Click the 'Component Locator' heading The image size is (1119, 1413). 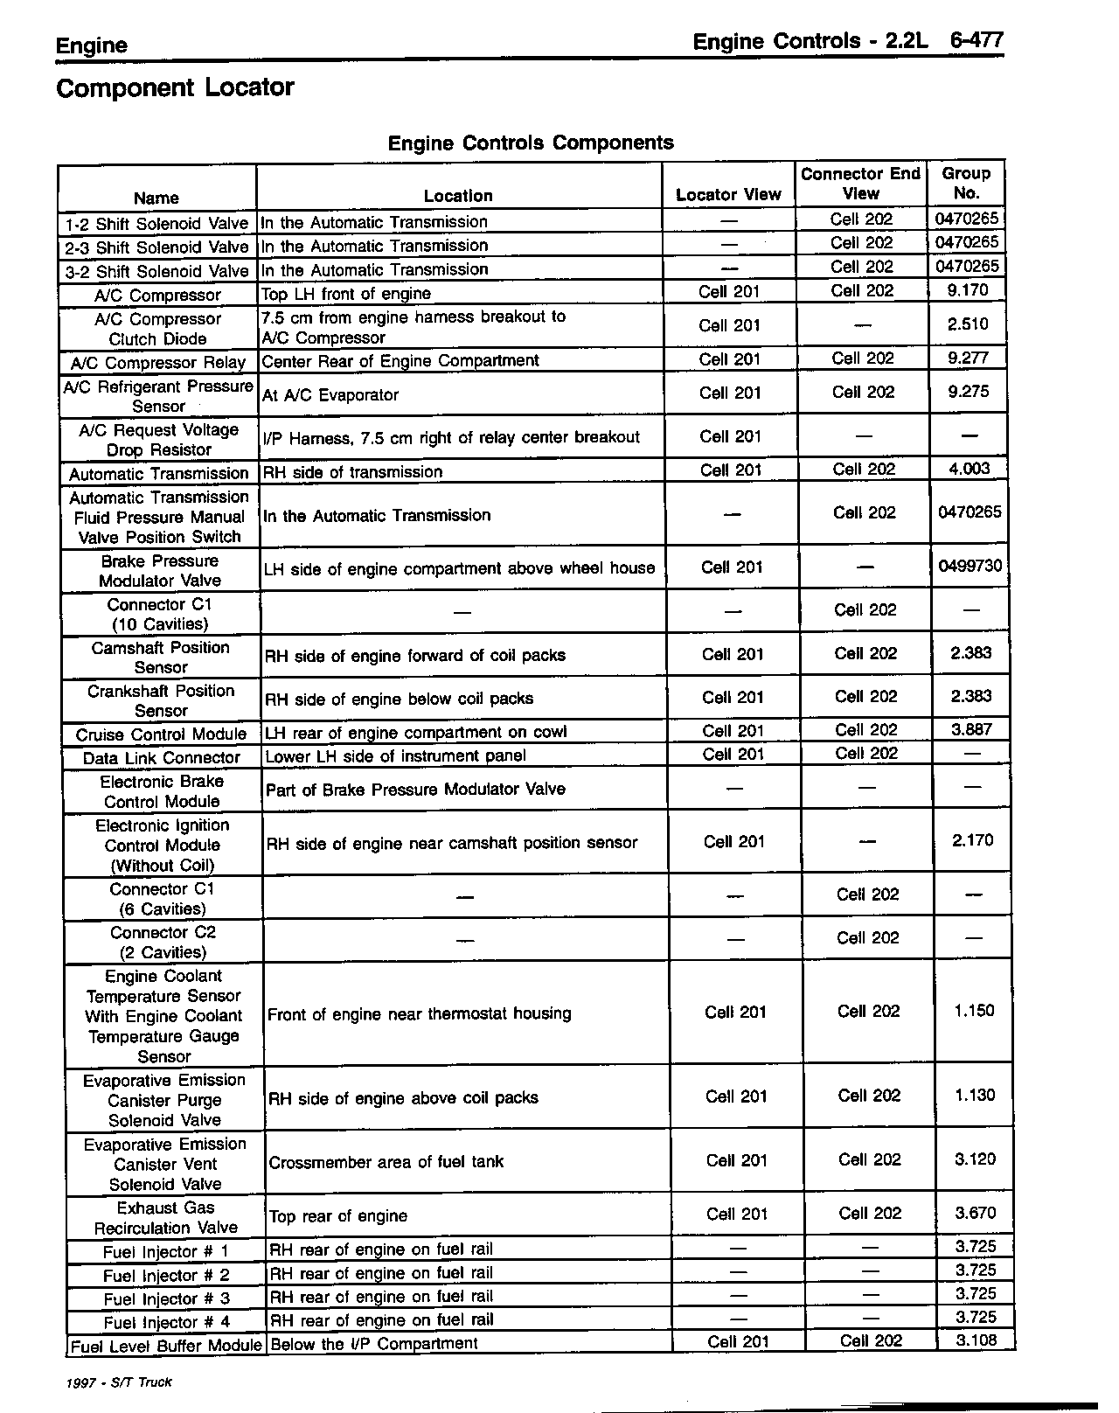(175, 88)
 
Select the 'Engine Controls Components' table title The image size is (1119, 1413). (531, 143)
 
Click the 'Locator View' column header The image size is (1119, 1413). (728, 195)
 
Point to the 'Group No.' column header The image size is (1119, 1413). (966, 184)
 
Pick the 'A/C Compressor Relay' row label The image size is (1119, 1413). (157, 362)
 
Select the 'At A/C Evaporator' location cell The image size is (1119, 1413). (330, 395)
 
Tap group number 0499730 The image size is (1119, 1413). (970, 567)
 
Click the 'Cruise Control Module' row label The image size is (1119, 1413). (161, 734)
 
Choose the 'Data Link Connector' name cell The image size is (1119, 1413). (162, 758)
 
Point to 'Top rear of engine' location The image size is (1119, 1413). (338, 1216)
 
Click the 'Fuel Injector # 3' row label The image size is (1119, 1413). (166, 1299)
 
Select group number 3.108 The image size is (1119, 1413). (976, 1340)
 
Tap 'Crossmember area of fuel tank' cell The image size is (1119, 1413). (386, 1162)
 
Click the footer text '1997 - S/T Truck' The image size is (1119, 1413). (118, 1382)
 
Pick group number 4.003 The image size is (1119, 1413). (970, 469)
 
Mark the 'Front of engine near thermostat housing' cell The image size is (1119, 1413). (420, 1014)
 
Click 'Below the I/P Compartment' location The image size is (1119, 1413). (374, 1344)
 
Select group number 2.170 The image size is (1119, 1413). (973, 840)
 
